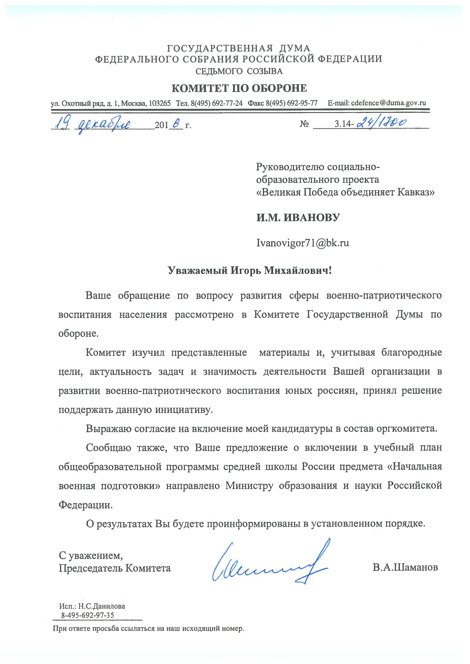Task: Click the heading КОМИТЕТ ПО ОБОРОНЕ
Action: pyautogui.click(x=239, y=88)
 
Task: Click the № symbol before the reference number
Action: pyautogui.click(x=304, y=124)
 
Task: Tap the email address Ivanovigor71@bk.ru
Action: pyautogui.click(x=302, y=242)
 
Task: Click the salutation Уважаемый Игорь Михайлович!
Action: pyautogui.click(x=249, y=270)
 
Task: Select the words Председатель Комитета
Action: pyautogui.click(x=115, y=568)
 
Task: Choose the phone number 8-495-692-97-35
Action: pyautogui.click(x=87, y=615)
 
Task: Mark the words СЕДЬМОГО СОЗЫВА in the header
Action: pyautogui.click(x=239, y=71)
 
